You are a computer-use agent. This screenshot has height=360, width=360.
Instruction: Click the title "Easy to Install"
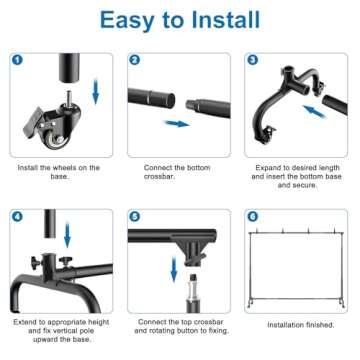[x=180, y=21]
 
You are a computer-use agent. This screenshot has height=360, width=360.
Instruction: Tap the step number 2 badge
[x=134, y=60]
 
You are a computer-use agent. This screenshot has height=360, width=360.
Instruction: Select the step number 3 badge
[x=251, y=60]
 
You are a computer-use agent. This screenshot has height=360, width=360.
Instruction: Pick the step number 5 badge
[x=134, y=216]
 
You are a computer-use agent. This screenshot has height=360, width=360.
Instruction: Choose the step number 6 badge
[x=251, y=216]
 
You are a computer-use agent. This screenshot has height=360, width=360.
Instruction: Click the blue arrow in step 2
[x=177, y=124]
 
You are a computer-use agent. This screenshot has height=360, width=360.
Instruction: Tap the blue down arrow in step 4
[x=67, y=236]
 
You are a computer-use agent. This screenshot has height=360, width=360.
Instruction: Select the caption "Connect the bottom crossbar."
[x=180, y=173]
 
